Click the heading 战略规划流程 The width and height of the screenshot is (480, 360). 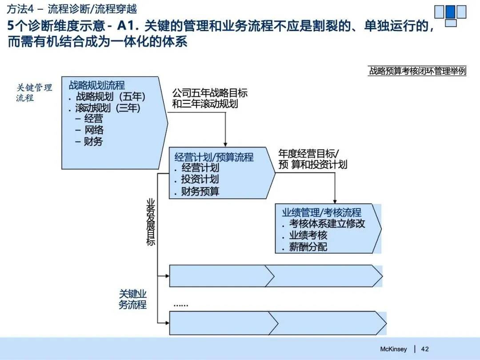(x=97, y=85)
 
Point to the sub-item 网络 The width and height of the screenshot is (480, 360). (x=94, y=130)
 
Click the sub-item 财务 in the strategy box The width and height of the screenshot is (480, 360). (x=93, y=141)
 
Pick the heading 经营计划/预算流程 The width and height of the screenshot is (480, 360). (x=214, y=157)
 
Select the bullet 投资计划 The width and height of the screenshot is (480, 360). (x=200, y=180)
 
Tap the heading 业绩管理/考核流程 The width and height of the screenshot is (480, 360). (x=322, y=212)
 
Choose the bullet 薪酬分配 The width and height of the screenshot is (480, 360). (x=308, y=247)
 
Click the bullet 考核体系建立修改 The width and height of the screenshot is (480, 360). (x=327, y=224)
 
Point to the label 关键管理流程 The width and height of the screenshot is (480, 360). (x=34, y=92)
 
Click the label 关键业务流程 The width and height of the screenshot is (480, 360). (x=132, y=299)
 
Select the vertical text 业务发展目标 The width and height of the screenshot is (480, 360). (x=151, y=222)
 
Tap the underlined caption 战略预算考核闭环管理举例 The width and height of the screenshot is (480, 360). (x=417, y=71)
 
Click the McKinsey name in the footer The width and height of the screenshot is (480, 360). (x=393, y=349)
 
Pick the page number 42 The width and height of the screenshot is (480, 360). (x=425, y=349)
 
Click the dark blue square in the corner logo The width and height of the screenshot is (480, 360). (x=450, y=11)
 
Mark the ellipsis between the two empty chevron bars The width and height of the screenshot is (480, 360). (x=181, y=305)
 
